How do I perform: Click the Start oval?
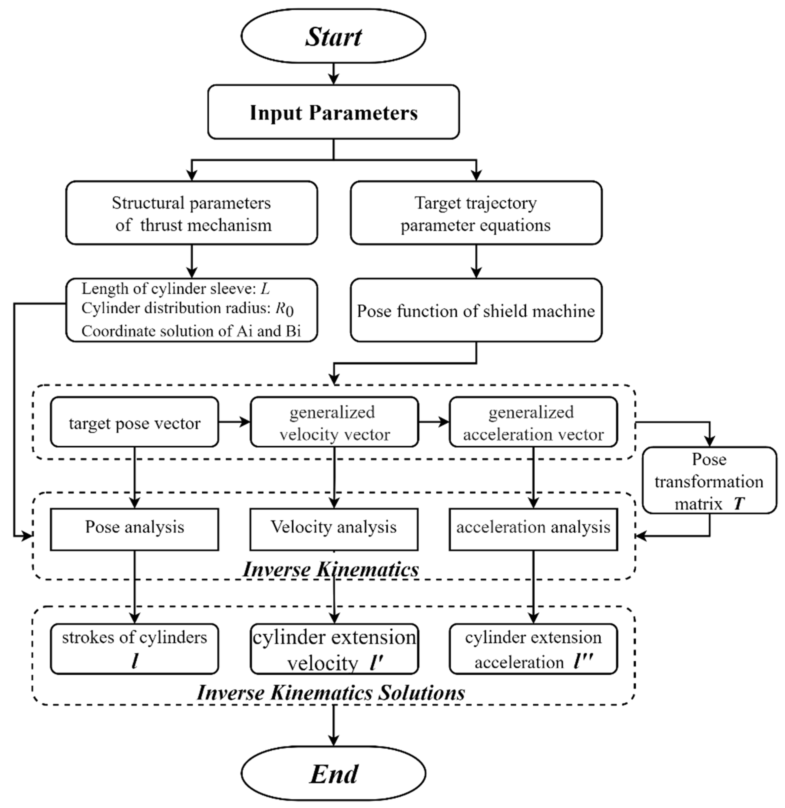[x=333, y=36]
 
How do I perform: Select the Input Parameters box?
[x=333, y=112]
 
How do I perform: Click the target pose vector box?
[x=134, y=422]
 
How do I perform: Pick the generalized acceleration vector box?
[x=533, y=422]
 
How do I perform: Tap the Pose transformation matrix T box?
[x=709, y=480]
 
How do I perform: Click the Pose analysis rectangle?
[x=134, y=529]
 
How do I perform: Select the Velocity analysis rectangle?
[x=334, y=529]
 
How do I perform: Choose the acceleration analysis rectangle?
[x=533, y=529]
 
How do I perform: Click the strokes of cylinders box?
[x=134, y=649]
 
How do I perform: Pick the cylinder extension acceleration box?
[x=533, y=649]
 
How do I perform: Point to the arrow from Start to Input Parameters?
[x=333, y=74]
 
